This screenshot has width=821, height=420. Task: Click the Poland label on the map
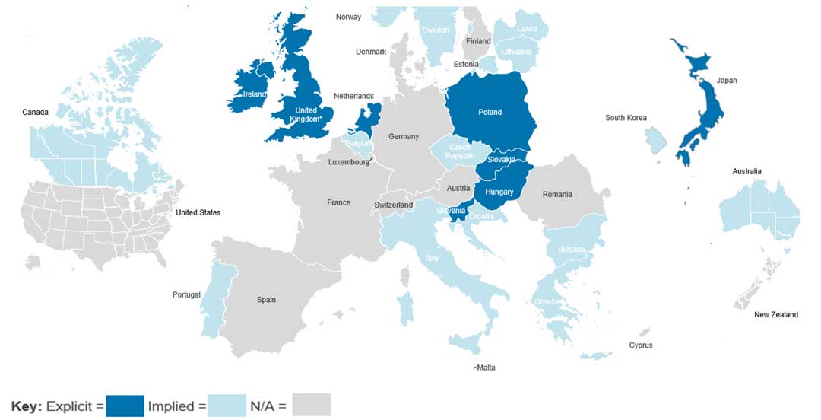point(490,113)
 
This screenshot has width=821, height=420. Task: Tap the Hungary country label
point(499,192)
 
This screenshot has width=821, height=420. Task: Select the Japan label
point(726,81)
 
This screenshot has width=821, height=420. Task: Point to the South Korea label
point(626,118)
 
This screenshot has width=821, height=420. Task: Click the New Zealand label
point(775,315)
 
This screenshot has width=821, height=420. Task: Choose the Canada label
point(35,113)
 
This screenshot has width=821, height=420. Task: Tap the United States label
point(198,212)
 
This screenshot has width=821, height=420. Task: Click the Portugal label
point(186,295)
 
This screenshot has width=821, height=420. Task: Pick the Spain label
point(266,300)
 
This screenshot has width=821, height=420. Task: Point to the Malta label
point(486,368)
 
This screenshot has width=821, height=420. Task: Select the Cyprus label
point(640,345)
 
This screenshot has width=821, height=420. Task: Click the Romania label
point(557,195)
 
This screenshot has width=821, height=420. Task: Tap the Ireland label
point(254,94)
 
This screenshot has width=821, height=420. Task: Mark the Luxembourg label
point(349,162)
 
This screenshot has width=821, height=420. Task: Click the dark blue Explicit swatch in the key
point(125,405)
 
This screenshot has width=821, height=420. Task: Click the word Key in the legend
point(26,406)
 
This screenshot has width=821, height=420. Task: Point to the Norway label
point(348,17)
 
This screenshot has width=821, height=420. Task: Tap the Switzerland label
point(393,205)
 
